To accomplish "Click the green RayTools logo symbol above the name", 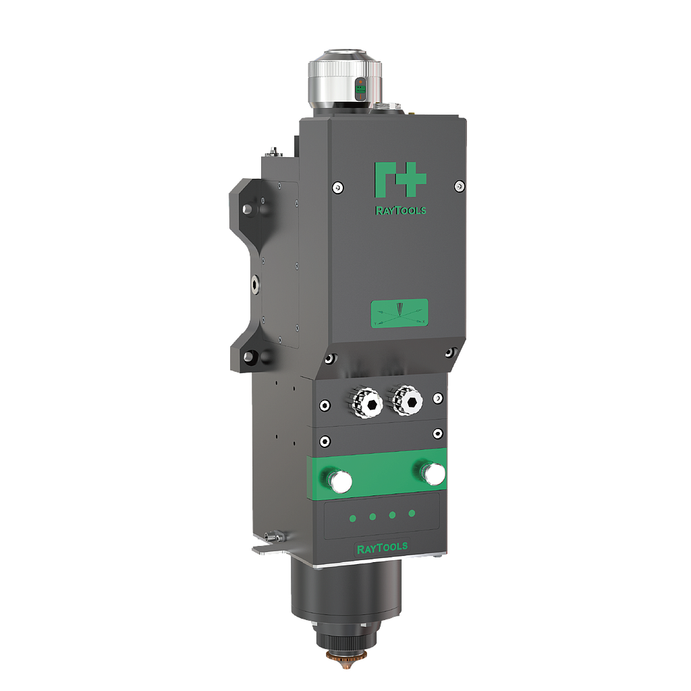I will point(399,179).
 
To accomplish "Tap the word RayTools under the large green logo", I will point(400,211).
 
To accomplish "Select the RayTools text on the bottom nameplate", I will point(381,546).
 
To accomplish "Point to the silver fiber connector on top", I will point(345,78).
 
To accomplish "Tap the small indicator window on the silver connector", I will point(360,88).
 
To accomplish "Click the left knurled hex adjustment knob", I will point(367,402).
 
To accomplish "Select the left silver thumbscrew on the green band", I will point(339,480).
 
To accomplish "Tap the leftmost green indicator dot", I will point(352,518).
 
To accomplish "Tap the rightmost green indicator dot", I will point(412,514).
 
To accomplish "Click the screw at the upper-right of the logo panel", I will point(459,186).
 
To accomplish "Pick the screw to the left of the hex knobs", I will point(325,406).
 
